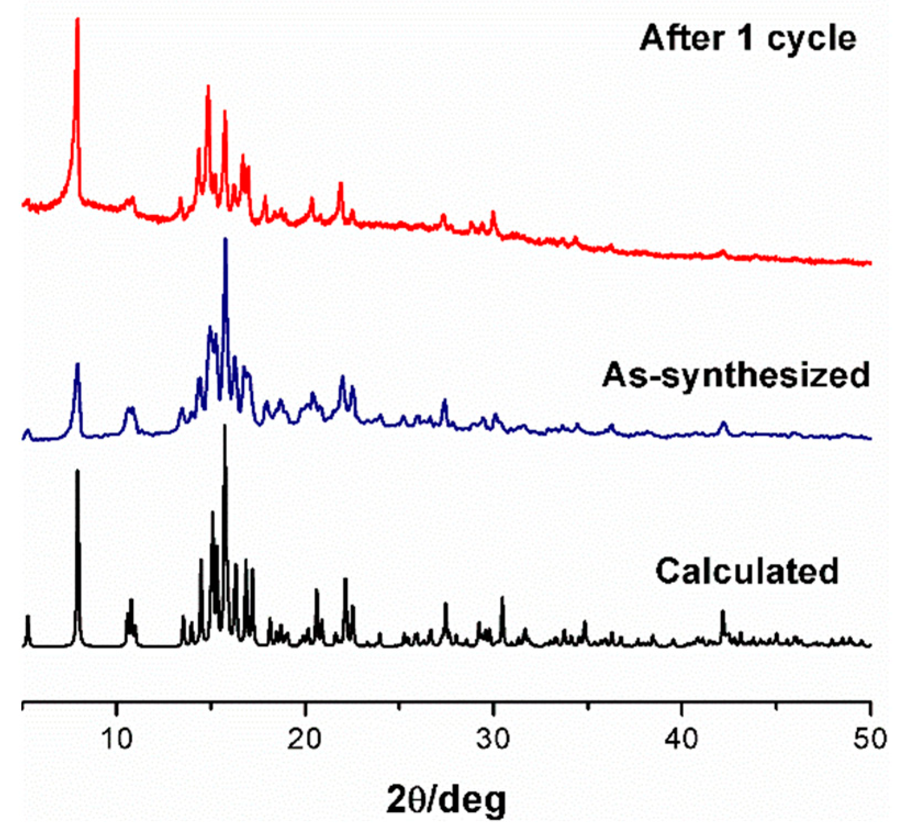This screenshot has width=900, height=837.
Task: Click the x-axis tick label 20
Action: (x=305, y=739)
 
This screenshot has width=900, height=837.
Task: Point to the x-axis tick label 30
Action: (x=493, y=739)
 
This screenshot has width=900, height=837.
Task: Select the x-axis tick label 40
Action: (x=682, y=739)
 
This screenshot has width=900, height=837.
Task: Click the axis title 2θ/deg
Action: (x=446, y=800)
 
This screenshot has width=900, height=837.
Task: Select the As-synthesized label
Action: (x=736, y=375)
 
